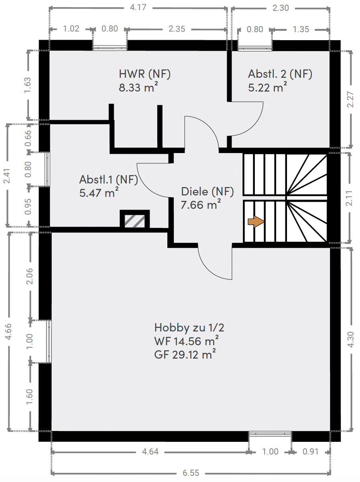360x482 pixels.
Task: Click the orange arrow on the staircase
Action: click(256, 222)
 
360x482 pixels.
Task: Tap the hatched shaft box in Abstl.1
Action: click(135, 220)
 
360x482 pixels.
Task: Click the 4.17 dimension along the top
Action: click(138, 8)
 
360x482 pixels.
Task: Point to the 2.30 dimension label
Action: click(281, 8)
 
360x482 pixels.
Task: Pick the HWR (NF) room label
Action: click(144, 74)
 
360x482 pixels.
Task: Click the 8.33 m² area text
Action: click(138, 87)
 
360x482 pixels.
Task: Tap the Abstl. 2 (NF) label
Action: click(280, 74)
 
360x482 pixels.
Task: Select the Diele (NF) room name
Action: click(207, 192)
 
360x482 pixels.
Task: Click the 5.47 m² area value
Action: click(99, 192)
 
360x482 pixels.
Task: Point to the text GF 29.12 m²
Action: click(185, 354)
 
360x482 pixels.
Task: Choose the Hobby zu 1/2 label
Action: click(189, 327)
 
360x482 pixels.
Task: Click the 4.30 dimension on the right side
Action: click(350, 339)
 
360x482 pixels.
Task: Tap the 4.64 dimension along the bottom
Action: click(150, 451)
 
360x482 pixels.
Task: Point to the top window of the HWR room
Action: click(110, 48)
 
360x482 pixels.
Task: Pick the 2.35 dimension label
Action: click(177, 29)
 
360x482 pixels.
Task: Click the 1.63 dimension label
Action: click(28, 85)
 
